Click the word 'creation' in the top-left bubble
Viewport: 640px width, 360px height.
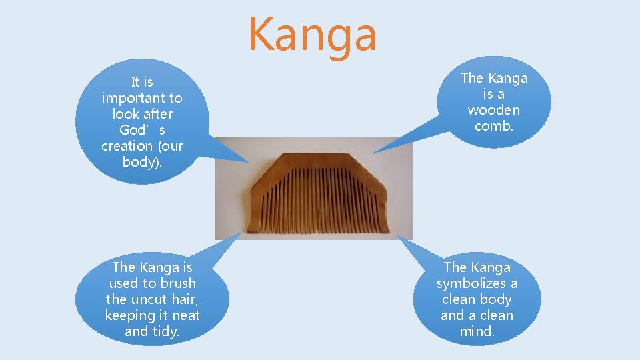point(127,146)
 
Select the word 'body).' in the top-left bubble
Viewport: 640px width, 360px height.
point(142,162)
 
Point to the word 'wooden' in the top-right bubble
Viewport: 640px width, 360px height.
point(494,110)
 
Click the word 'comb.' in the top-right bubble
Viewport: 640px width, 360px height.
point(494,126)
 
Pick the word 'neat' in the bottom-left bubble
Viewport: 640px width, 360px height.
point(186,315)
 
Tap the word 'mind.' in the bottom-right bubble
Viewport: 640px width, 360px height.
point(477,331)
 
